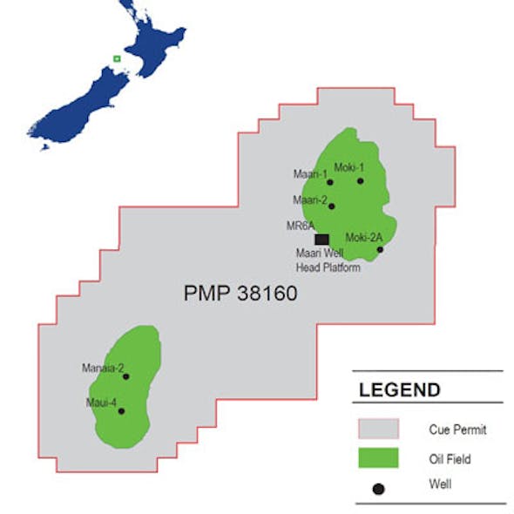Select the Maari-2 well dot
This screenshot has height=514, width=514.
pyautogui.click(x=332, y=206)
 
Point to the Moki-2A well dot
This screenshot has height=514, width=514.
pyautogui.click(x=380, y=250)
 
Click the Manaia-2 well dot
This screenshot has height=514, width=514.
pyautogui.click(x=126, y=377)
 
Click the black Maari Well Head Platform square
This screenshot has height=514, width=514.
pyautogui.click(x=321, y=239)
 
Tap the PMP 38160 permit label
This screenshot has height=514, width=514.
pyautogui.click(x=240, y=294)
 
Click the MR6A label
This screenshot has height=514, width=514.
pyautogui.click(x=299, y=227)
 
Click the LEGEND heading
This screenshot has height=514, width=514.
pyautogui.click(x=400, y=390)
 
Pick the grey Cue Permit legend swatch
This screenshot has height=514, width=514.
pyautogui.click(x=378, y=429)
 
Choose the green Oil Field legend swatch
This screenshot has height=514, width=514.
pyautogui.click(x=378, y=457)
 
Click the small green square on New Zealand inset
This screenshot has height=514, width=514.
pyautogui.click(x=116, y=59)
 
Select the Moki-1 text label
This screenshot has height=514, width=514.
pyautogui.click(x=348, y=168)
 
